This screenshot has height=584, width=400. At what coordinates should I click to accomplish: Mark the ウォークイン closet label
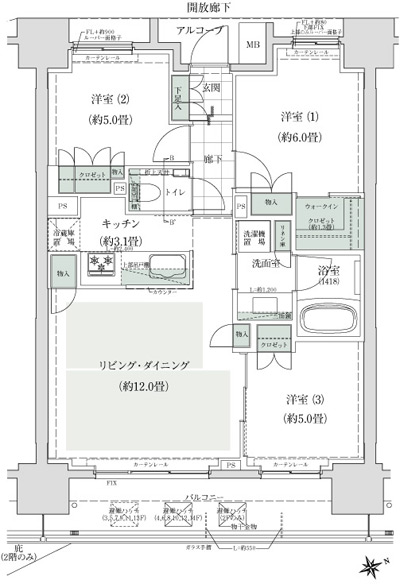tap(319, 206)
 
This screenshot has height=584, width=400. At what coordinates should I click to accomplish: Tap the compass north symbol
tap(375, 566)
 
